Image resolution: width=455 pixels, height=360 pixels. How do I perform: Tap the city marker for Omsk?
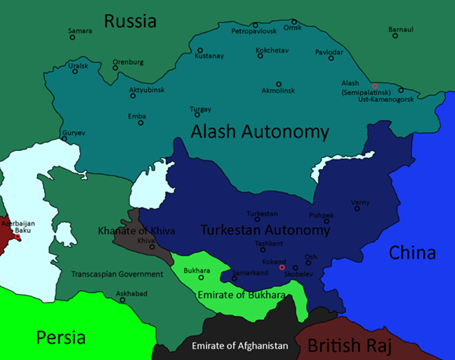tap(295, 22)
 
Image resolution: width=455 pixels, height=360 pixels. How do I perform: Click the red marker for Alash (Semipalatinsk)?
tap(375, 86)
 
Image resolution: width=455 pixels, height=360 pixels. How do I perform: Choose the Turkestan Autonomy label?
tap(265, 230)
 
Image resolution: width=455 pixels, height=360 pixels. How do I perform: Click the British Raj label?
tap(352, 344)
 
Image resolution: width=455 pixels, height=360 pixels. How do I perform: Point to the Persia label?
tap(61, 337)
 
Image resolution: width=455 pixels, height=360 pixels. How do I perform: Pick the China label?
tap(412, 253)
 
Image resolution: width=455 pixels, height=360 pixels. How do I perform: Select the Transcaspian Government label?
tap(117, 274)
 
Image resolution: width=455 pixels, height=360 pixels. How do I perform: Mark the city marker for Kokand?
tap(281, 258)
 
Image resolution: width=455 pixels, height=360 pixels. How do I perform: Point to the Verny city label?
tap(360, 202)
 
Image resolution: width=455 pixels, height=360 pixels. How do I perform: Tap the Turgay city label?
tap(200, 109)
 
